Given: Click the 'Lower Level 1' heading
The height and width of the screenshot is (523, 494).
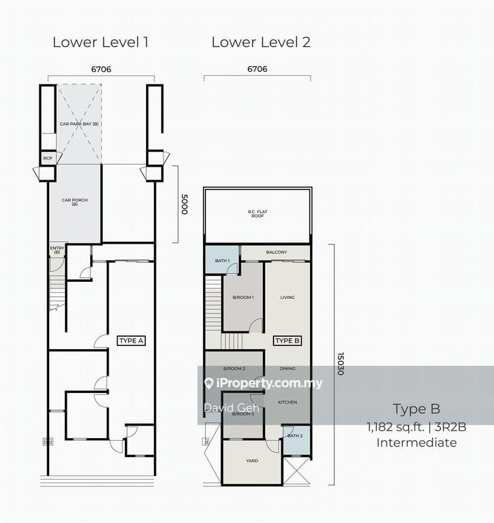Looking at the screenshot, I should [101, 42].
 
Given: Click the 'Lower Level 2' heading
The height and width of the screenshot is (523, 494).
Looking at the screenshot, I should [260, 42].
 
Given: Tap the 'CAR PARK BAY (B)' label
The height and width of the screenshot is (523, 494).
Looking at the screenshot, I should [79, 124].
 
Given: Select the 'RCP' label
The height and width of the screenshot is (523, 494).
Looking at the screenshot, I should [47, 158].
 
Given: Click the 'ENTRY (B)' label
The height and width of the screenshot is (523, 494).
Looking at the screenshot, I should [57, 249].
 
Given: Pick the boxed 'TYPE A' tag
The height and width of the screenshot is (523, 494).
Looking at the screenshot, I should [131, 341].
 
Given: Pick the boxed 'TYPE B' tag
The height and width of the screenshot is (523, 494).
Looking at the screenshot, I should [287, 341].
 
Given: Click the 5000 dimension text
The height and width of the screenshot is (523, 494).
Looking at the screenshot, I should [184, 203].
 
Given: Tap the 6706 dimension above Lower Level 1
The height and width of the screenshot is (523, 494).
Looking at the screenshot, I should [101, 68].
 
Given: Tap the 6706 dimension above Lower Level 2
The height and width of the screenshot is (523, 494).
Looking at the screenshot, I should [256, 68].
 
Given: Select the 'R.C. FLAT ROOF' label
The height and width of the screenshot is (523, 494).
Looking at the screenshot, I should [256, 213].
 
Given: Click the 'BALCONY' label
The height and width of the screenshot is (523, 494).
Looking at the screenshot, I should [277, 252].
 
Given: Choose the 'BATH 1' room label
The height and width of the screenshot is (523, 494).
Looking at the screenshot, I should [222, 261].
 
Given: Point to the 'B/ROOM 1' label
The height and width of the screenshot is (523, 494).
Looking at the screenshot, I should [243, 297].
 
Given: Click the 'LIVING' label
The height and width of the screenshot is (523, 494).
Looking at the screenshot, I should [287, 297].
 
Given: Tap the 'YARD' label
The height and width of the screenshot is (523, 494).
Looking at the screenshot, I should [252, 461].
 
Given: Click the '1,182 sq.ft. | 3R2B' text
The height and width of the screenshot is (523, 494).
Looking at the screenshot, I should [416, 428].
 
